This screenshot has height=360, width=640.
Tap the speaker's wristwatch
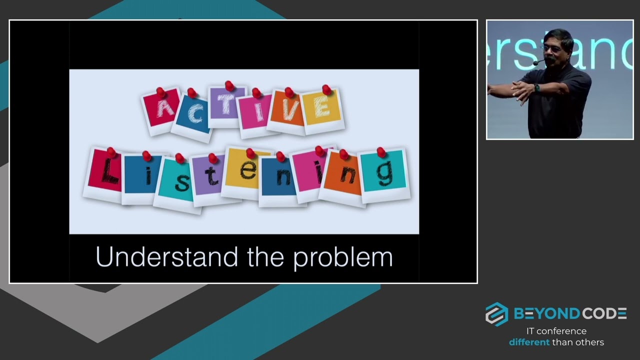pos(536,88)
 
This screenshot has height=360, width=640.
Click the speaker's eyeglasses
pos(551,49)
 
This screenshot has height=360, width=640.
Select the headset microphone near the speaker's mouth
pos(536,62)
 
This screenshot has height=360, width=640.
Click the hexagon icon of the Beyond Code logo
pos(496,314)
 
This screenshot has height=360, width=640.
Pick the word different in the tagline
pos(529,342)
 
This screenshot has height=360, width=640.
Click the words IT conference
pos(556,331)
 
